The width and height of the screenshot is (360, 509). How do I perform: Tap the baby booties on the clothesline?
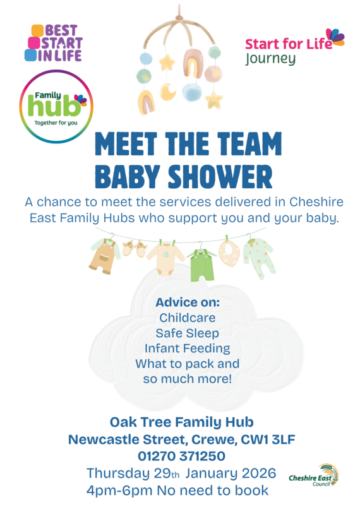[133, 248]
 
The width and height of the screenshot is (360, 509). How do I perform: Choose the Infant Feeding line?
[187, 349]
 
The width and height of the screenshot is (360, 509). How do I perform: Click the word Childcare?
[187, 317]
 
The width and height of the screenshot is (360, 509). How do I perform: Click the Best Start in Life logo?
[54, 43]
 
